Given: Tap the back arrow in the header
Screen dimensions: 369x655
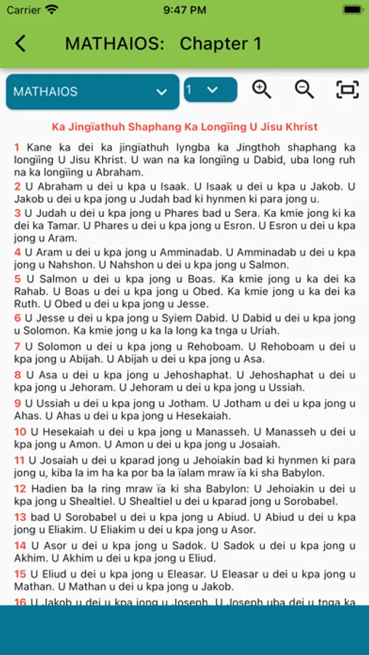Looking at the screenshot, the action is [x=20, y=44].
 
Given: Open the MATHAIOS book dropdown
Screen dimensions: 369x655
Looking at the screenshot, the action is [x=92, y=92].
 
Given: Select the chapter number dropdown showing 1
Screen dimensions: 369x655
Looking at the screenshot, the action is [x=210, y=90].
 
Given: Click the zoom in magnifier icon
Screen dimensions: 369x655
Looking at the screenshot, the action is [x=261, y=90].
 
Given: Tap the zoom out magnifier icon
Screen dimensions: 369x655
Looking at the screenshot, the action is [x=304, y=90].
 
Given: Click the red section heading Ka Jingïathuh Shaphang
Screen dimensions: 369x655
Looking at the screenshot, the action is [x=184, y=127].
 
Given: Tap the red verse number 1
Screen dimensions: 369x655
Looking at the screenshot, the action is [x=17, y=148].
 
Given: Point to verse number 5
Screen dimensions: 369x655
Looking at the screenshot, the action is [x=17, y=279].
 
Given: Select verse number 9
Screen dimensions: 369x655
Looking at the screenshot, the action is [x=17, y=403].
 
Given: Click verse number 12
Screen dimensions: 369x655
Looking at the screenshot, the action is [x=20, y=488].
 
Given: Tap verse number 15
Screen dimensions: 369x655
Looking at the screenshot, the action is [x=20, y=573].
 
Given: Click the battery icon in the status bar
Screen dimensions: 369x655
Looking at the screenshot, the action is [x=352, y=10].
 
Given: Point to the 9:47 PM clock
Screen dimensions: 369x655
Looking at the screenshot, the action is [x=184, y=10].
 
